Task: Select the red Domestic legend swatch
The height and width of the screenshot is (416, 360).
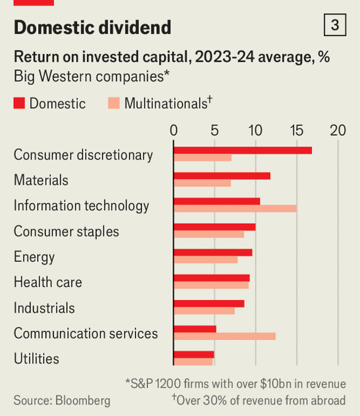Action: (x=19, y=103)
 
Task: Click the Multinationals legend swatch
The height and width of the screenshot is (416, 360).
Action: (x=114, y=103)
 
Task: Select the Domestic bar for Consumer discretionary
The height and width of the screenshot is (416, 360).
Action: (x=242, y=150)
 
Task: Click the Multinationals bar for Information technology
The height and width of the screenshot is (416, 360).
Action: (x=235, y=208)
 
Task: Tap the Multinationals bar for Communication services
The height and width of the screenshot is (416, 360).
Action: (x=224, y=336)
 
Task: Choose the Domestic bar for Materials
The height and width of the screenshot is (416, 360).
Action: (x=221, y=176)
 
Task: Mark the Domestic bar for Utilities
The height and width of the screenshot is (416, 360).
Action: (x=193, y=354)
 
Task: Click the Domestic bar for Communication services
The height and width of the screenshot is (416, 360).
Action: (x=194, y=329)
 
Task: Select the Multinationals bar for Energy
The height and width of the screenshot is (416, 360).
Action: (x=205, y=259)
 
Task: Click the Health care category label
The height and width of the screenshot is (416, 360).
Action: (x=48, y=282)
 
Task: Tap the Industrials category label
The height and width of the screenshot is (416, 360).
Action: (x=44, y=308)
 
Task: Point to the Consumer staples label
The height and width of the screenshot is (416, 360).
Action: (x=66, y=231)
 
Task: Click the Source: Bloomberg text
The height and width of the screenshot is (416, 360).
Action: (x=62, y=400)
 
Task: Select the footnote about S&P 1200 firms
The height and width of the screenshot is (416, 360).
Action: (x=235, y=384)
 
